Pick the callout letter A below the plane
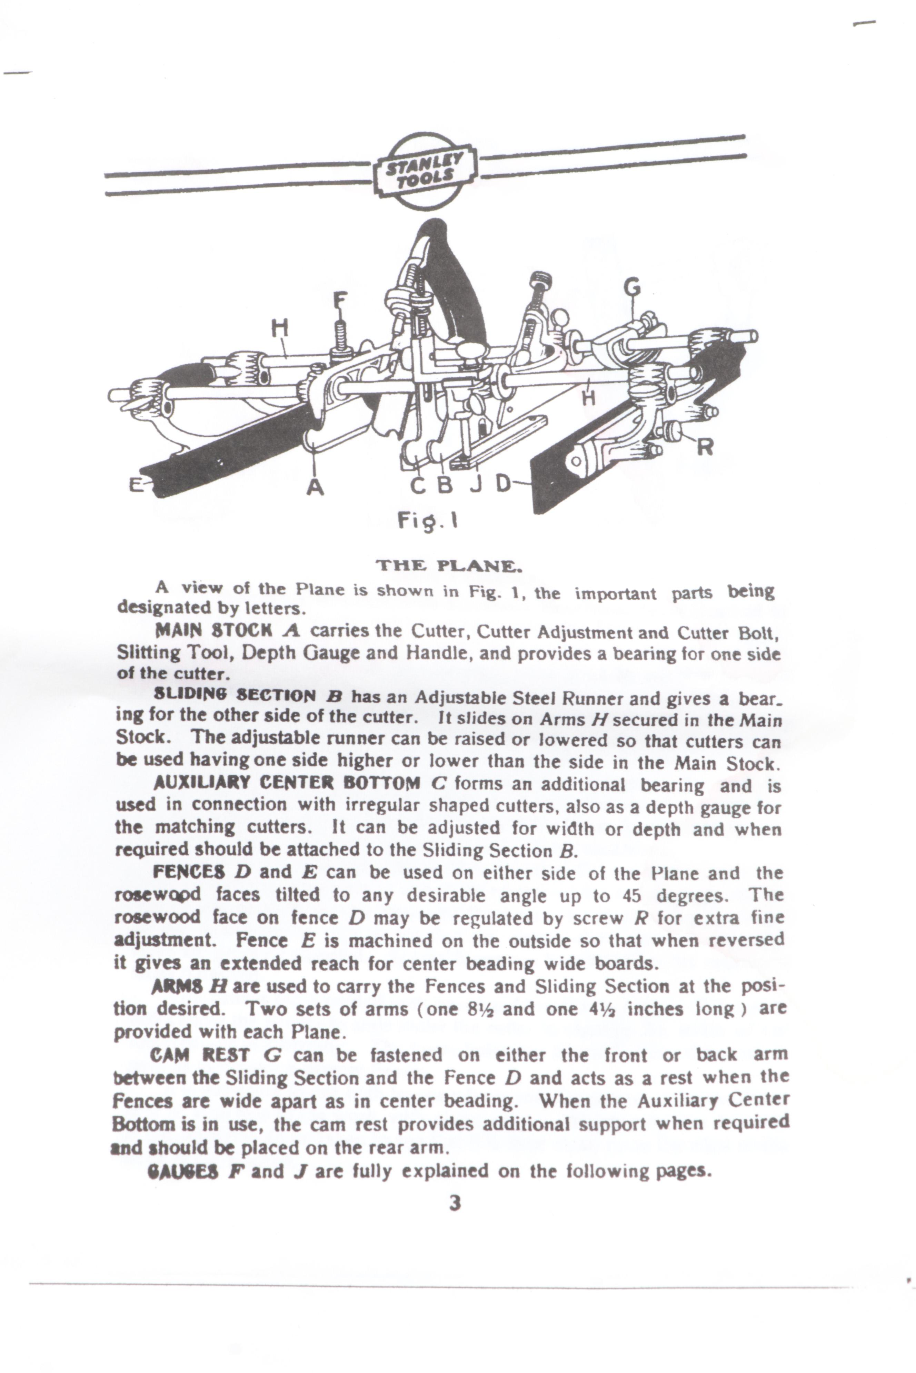point(316,486)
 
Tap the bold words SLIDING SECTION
point(234,695)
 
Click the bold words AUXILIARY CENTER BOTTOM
point(286,782)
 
